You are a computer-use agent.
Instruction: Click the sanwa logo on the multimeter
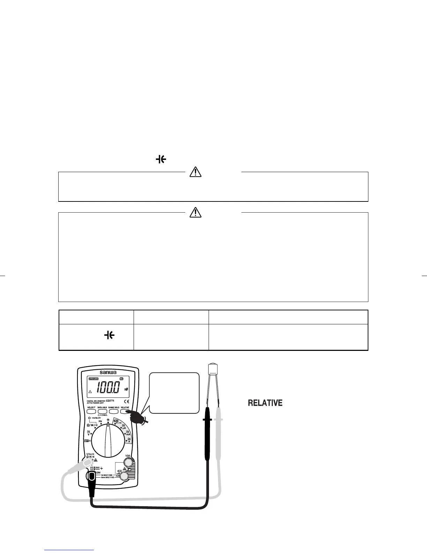[107, 372]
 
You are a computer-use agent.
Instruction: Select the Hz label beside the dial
[100, 421]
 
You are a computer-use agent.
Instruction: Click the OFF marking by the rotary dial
[88, 441]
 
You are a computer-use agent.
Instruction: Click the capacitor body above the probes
[213, 369]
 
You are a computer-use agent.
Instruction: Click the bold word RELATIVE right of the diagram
[265, 403]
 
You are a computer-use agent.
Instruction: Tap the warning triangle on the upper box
[195, 172]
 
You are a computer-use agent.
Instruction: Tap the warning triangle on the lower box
[195, 212]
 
